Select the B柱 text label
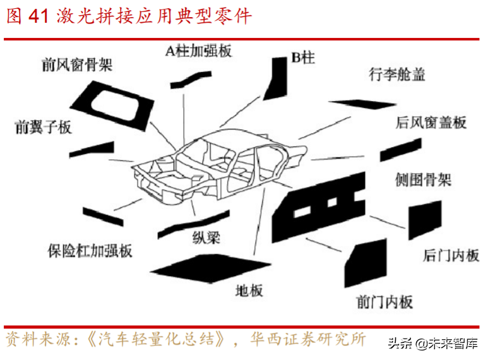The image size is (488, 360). pyautogui.click(x=303, y=58)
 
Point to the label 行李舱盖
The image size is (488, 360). pyautogui.click(x=397, y=75)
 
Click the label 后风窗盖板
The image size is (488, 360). pyautogui.click(x=431, y=122)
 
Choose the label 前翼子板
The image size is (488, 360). pyautogui.click(x=43, y=127)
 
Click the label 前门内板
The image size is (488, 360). pyautogui.click(x=384, y=301)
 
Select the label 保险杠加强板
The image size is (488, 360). pyautogui.click(x=90, y=250)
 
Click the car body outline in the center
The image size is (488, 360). pyautogui.click(x=223, y=167)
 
